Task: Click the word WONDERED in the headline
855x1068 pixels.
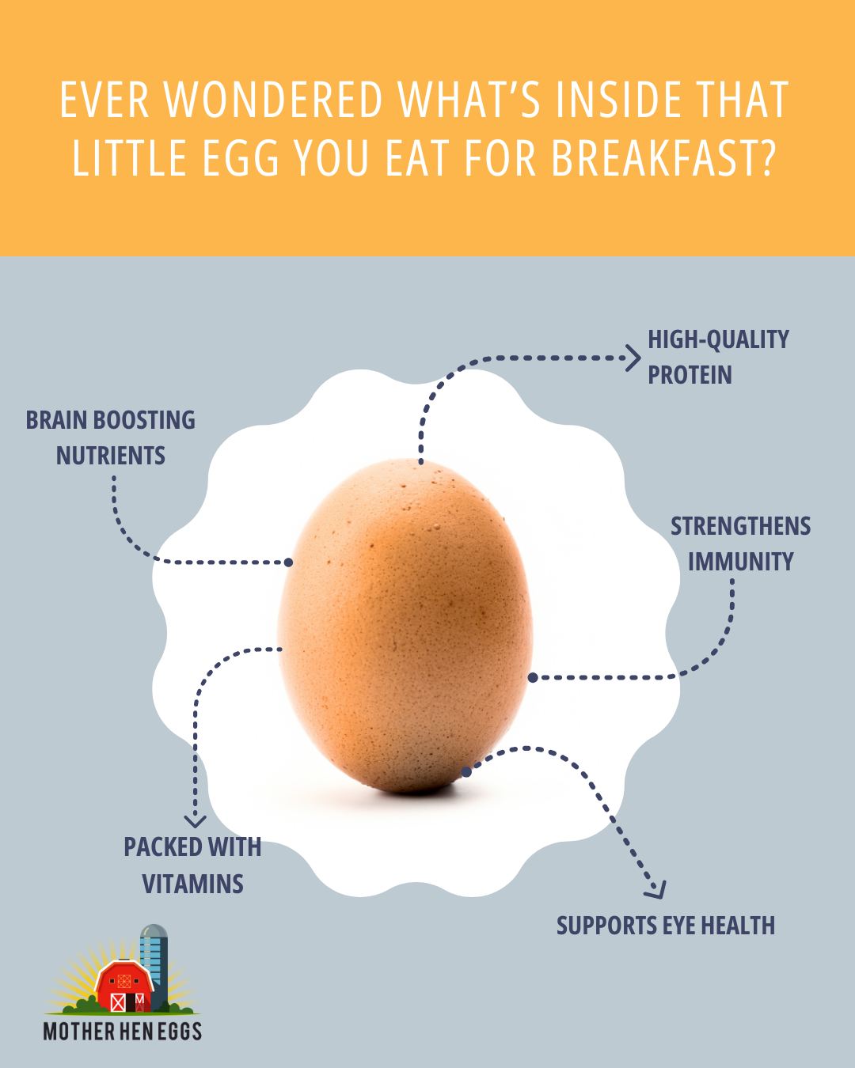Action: pos(272,100)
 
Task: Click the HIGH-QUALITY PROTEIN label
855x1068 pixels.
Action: pos(717,357)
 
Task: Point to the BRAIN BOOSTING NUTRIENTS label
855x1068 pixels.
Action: pos(110,437)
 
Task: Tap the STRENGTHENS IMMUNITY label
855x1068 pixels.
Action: pos(740,543)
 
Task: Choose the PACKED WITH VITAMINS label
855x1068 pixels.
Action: pos(192,865)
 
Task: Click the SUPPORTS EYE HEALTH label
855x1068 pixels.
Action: pos(665,926)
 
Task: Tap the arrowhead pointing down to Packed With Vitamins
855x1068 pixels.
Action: pos(195,820)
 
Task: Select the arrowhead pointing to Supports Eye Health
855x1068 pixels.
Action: pos(655,890)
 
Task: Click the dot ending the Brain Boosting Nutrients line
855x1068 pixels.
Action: pos(288,562)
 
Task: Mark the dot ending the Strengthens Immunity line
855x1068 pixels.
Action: pos(533,677)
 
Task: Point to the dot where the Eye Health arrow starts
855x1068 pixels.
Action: pos(466,771)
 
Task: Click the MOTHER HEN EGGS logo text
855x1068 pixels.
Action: pos(123,1032)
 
